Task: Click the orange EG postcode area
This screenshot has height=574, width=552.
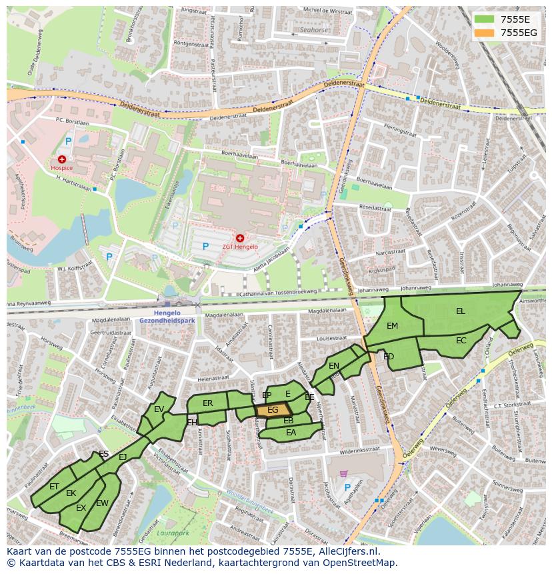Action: click(x=273, y=411)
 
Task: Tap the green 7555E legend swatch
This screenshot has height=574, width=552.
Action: click(x=484, y=19)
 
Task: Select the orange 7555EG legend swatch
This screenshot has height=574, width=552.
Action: click(x=484, y=32)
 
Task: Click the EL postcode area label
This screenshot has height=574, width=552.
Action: click(x=461, y=311)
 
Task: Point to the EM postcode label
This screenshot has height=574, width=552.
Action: click(x=392, y=325)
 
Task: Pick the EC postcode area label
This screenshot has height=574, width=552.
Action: click(x=461, y=340)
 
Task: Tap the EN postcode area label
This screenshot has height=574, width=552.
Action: click(x=334, y=365)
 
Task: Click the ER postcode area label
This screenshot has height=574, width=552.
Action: click(x=207, y=403)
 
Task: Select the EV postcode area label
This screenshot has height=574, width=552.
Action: click(x=159, y=409)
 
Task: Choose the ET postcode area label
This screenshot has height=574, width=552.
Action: click(x=54, y=487)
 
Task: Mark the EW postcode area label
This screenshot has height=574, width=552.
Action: click(x=102, y=503)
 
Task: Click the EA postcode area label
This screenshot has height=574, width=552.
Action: click(x=291, y=433)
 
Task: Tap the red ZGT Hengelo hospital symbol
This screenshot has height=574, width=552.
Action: click(x=240, y=238)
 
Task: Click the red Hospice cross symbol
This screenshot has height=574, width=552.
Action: click(x=62, y=159)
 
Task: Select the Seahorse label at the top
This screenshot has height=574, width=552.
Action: click(x=314, y=30)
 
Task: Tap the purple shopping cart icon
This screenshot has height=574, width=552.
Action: click(x=343, y=473)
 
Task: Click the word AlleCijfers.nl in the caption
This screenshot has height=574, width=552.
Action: click(x=346, y=551)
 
